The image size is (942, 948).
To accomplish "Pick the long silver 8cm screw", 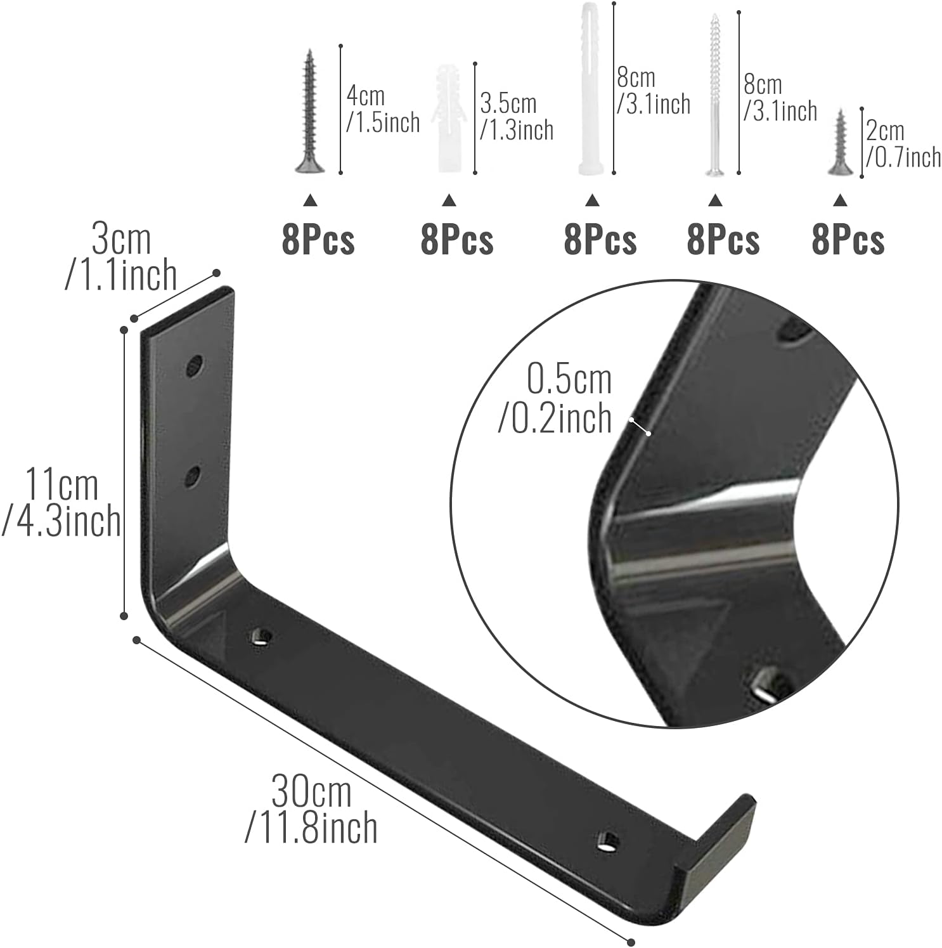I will tap(715, 95).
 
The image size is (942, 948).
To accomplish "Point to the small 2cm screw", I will tap(841, 142).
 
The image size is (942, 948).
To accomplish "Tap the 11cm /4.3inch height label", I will tap(61, 503).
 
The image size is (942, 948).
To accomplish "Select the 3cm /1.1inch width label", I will tap(121, 257).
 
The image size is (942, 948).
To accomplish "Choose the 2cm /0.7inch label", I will tap(903, 144).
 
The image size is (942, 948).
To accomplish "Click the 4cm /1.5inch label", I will tap(382, 110).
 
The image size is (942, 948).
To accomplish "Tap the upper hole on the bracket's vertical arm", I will tap(195, 366).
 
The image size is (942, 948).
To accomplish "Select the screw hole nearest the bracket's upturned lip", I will tap(608, 842).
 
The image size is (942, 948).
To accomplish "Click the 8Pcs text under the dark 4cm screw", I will tap(318, 240).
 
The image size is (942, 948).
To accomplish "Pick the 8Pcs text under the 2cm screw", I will tap(848, 240).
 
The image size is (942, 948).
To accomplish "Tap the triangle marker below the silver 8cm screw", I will tap(715, 200).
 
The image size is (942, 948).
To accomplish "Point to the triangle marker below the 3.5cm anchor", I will tap(449, 200).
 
